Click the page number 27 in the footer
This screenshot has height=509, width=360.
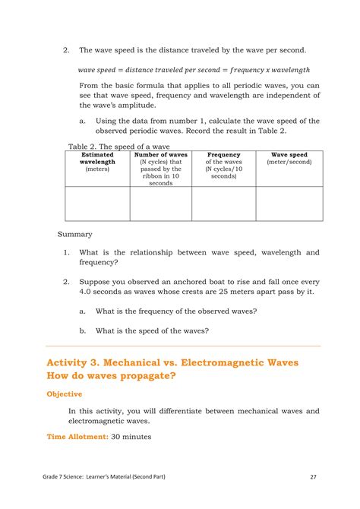[313, 477]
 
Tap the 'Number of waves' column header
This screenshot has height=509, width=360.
[160, 154]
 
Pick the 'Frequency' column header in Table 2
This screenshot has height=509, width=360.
[223, 154]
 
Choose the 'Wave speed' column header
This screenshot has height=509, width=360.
[289, 154]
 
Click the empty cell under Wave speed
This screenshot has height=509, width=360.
[289, 204]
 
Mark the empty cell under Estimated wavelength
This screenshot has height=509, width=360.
[97, 204]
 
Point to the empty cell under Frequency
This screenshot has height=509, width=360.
[223, 204]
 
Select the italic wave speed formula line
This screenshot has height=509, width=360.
[194, 69]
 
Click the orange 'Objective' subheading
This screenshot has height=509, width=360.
[65, 394]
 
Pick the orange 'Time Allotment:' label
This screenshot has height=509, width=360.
[77, 437]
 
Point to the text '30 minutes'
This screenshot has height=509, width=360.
[131, 437]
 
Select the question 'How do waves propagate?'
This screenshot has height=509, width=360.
[111, 376]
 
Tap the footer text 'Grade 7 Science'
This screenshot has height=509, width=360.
[68, 477]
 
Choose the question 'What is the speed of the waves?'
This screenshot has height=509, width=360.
[152, 330]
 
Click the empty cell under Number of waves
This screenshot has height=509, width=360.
[160, 204]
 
